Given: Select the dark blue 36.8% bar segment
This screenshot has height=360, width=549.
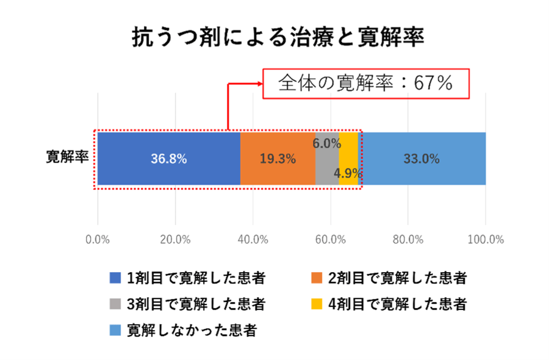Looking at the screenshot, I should [x=168, y=159].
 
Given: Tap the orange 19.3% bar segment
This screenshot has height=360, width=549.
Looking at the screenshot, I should [x=278, y=159].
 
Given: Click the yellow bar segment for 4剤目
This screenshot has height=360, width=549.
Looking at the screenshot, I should [x=348, y=153].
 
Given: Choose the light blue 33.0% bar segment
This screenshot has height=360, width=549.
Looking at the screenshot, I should [x=422, y=159].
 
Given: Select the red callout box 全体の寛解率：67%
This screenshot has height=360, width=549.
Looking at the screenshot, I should [x=367, y=83].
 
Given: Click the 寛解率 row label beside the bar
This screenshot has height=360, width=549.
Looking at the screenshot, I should [x=67, y=157].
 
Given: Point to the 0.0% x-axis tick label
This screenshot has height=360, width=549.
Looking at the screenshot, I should [x=98, y=239].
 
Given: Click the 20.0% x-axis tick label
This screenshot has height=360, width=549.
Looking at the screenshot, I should [x=175, y=239].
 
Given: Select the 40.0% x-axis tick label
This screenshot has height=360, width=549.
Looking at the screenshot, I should [x=253, y=239].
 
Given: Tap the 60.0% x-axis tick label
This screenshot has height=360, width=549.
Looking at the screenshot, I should [x=331, y=239].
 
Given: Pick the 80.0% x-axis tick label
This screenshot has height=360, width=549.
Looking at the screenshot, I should [x=408, y=239].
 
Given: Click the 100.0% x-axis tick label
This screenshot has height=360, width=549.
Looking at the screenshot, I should [x=485, y=239].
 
